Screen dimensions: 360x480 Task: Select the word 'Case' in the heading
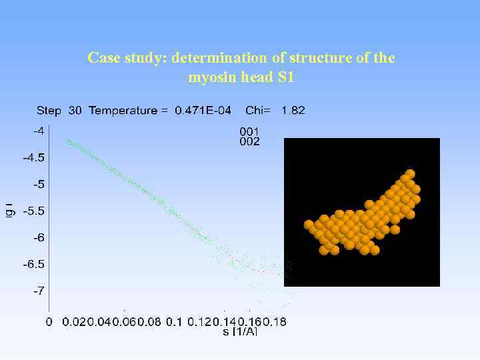click(x=103, y=58)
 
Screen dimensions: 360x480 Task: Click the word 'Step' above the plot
click(x=49, y=110)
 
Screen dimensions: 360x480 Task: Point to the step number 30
click(x=75, y=110)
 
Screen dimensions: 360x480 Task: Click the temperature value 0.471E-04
click(x=203, y=110)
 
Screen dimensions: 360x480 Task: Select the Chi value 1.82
click(x=293, y=110)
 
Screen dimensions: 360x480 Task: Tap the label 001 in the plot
click(x=249, y=131)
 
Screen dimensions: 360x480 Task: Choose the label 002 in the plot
click(x=249, y=141)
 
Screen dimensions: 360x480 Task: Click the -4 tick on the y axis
click(x=39, y=131)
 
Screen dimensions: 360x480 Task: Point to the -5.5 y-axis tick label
click(x=34, y=211)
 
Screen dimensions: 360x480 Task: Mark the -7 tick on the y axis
click(x=39, y=291)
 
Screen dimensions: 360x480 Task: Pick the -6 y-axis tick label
click(x=39, y=237)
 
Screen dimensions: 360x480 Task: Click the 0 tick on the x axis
click(x=49, y=322)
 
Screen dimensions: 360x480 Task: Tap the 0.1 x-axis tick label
click(x=173, y=322)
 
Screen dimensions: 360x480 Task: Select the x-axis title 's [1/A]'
click(x=239, y=331)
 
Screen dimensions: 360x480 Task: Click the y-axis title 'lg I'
click(x=9, y=211)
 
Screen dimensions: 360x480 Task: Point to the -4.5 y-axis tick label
click(x=34, y=158)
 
